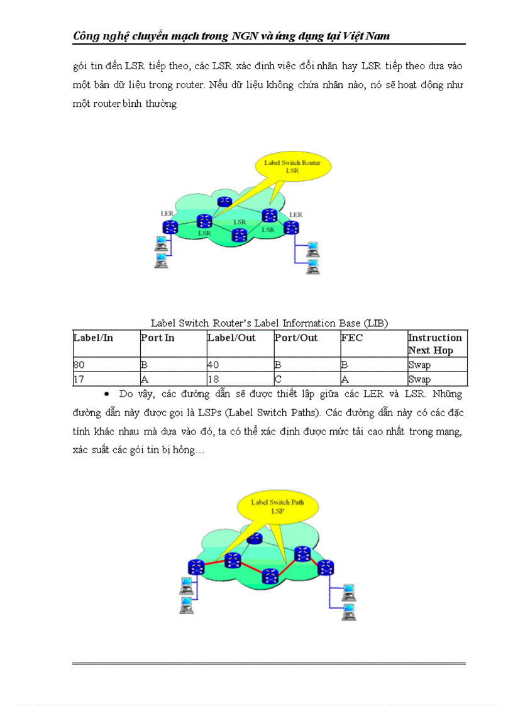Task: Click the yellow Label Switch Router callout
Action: coord(292,167)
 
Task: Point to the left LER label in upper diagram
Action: coord(167,214)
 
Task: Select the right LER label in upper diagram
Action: coord(295,214)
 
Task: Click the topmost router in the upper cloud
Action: coord(223,201)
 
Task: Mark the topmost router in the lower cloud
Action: coord(254,539)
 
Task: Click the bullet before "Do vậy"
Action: coord(107,394)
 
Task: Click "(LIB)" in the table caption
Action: coord(375,323)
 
